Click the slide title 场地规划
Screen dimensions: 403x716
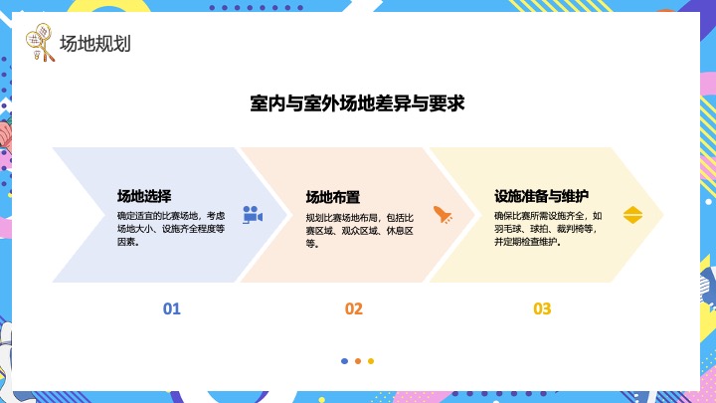coord(95,44)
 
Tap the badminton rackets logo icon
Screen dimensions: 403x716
coord(39,44)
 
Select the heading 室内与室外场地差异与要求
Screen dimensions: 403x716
coord(358,102)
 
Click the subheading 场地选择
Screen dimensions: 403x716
coord(143,196)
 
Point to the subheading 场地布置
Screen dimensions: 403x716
coord(332,197)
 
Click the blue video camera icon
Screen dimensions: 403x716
coord(252,214)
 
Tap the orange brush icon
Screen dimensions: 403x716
coord(443,214)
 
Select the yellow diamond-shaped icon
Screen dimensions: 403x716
coord(632,214)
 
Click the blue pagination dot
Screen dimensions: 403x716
coord(344,361)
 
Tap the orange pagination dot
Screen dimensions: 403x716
coord(357,361)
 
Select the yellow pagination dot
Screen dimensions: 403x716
coord(371,361)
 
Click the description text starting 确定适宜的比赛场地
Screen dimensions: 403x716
coord(170,228)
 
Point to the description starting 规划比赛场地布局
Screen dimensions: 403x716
coord(359,230)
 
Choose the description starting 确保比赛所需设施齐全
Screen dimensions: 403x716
coord(548,228)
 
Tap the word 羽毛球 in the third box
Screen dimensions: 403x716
coord(509,228)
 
